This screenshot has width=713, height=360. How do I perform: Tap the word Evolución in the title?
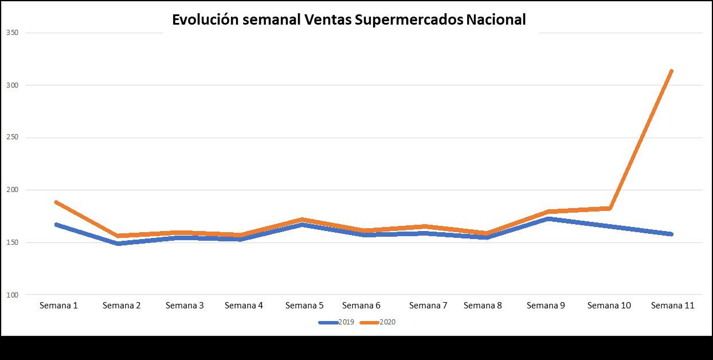coord(205,20)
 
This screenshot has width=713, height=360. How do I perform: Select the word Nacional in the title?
coord(496,20)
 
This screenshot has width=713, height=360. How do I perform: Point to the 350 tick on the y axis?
coord(12,33)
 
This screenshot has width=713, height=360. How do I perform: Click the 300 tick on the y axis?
coord(12,85)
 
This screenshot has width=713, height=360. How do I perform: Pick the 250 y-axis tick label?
coord(12,138)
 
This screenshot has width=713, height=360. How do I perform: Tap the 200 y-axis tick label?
coord(12,190)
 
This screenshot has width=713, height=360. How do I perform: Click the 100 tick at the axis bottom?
coord(12,295)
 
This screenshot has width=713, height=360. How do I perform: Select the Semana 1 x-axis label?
coord(58,306)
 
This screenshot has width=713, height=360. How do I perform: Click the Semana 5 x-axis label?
coord(304,306)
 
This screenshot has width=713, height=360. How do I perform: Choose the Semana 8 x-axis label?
coord(483,306)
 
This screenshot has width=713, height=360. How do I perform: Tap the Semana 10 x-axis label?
coord(609,306)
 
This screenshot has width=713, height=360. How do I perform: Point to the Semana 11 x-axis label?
coord(672,306)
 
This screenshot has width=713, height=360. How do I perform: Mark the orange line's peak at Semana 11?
coord(671,71)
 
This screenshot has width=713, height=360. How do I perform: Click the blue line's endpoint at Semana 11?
coord(671,234)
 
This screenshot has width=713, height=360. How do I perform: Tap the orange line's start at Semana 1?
coord(56,202)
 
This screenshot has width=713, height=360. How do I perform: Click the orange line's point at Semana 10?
coord(610,208)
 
